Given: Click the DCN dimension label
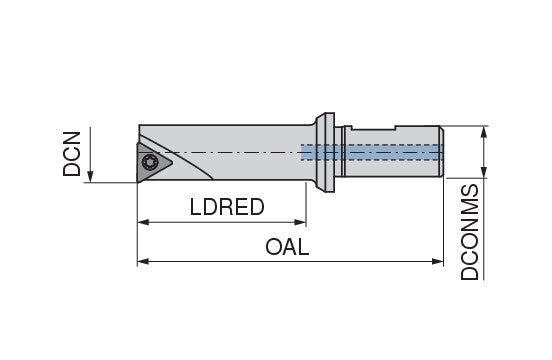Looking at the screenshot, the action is click(71, 154).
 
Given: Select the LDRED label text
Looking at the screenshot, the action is click(227, 207).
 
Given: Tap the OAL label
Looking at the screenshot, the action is click(287, 247).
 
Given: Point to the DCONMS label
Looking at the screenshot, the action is click(470, 232).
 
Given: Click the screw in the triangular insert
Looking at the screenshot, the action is click(150, 162).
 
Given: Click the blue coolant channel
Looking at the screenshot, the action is click(372, 152).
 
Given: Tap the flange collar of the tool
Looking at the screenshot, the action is click(325, 152).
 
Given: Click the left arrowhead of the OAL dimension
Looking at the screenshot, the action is click(143, 261).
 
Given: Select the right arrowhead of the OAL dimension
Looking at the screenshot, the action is click(437, 261).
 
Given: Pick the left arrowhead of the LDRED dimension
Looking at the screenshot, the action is click(143, 222).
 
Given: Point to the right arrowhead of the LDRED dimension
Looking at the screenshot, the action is click(300, 222).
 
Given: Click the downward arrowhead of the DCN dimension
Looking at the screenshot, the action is click(90, 176).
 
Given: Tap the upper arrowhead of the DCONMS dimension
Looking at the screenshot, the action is click(484, 132).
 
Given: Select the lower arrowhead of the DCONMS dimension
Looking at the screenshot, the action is click(484, 172).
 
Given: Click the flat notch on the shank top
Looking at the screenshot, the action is click(374, 130).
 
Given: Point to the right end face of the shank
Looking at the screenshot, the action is click(442, 152).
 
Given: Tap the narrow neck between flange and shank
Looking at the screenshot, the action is click(338, 152).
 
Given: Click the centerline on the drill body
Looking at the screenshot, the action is click(226, 152).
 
